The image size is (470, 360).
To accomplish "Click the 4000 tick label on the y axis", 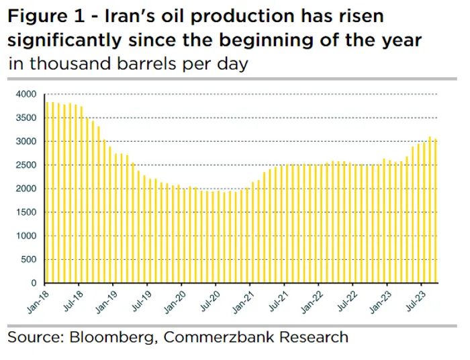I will [26, 94].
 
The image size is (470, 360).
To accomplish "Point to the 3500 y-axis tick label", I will [26, 118].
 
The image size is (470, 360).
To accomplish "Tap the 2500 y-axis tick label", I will [26, 165].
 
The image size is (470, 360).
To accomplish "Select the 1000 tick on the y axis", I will [26, 236].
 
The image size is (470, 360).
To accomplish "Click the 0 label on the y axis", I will [33, 283].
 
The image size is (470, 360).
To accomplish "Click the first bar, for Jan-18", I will [46, 192].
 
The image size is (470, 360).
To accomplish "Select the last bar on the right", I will [436, 211].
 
